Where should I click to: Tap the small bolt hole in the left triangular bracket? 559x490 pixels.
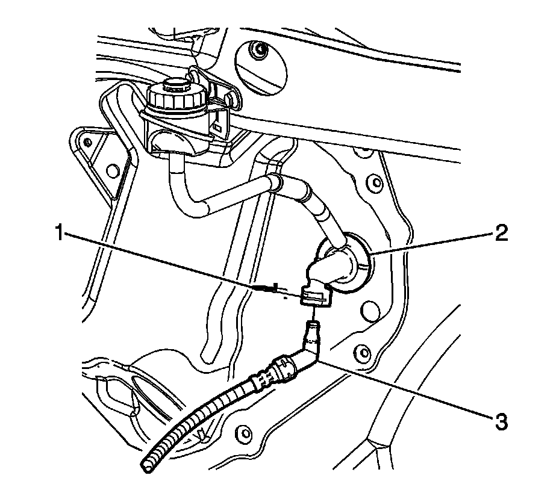(x=89, y=143)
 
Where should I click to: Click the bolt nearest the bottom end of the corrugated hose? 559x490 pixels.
(x=243, y=431)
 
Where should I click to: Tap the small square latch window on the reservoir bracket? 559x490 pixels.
(x=217, y=128)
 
